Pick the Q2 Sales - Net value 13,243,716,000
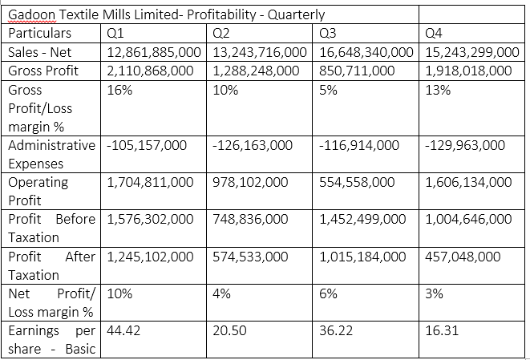pyautogui.click(x=260, y=52)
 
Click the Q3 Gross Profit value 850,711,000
pyautogui.click(x=357, y=71)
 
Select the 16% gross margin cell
pyautogui.click(x=118, y=90)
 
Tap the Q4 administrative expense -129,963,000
pyautogui.click(x=466, y=146)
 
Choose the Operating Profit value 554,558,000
pyautogui.click(x=357, y=182)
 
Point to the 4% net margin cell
pyautogui.click(x=222, y=293)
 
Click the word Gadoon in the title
pyautogui.click(x=31, y=14)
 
